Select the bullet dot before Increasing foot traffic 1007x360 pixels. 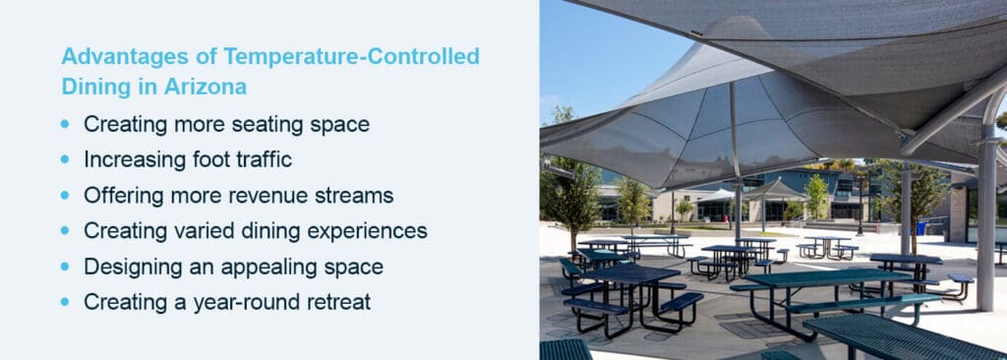(66, 160)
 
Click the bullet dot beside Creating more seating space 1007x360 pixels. (66, 124)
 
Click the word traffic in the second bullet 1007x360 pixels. (260, 159)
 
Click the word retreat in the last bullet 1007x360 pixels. (334, 302)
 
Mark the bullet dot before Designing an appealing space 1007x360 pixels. (66, 268)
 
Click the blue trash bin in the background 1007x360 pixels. (919, 227)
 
